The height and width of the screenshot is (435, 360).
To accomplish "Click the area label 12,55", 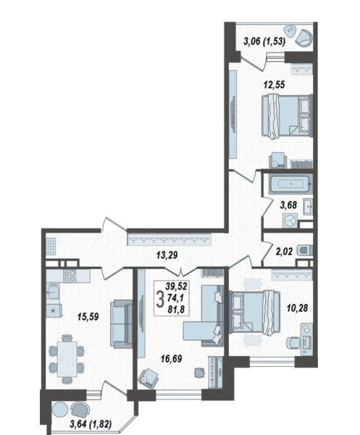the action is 274,85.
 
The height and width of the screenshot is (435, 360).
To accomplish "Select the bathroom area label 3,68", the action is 288,205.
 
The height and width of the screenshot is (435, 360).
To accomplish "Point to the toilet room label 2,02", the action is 284,252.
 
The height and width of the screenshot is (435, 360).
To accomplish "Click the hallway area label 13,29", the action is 167,255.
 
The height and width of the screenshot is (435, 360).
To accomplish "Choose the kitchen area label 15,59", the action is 88,317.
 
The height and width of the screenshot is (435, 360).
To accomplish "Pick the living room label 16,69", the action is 171,359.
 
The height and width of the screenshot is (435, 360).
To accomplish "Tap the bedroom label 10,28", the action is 298,308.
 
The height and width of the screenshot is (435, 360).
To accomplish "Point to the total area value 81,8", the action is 176,310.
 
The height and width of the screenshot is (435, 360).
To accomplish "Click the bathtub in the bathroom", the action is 291,183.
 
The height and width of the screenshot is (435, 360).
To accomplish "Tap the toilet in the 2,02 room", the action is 305,250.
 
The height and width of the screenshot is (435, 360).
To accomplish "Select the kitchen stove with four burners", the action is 70,276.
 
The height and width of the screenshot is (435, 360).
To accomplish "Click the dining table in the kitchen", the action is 67,359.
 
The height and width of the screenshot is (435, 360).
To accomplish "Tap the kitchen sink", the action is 52,292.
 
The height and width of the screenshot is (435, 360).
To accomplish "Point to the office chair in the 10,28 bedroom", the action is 293,344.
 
